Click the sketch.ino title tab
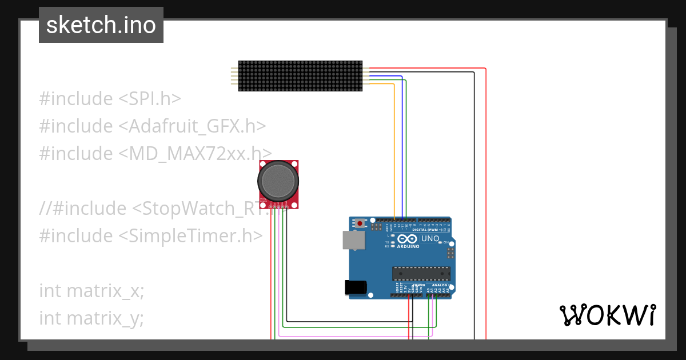coord(101,25)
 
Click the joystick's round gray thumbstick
coord(278,180)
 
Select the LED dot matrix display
coord(300,76)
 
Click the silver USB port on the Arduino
coord(353,240)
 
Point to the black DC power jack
coord(355,287)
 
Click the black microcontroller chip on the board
coord(421,274)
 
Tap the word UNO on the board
coord(430,239)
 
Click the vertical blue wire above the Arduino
coord(402,149)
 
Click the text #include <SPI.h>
coord(110,99)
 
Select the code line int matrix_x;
coord(91,291)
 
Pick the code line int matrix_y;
coord(91,318)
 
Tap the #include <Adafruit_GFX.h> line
coord(153,126)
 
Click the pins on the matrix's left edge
coord(234,76)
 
